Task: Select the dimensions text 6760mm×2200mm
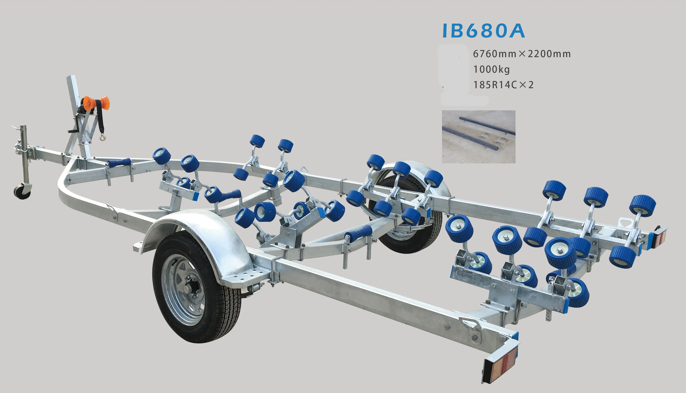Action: pos(522,54)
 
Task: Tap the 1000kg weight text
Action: pos(491,70)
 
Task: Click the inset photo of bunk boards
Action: pos(478,137)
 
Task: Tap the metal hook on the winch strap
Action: pos(103,137)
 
